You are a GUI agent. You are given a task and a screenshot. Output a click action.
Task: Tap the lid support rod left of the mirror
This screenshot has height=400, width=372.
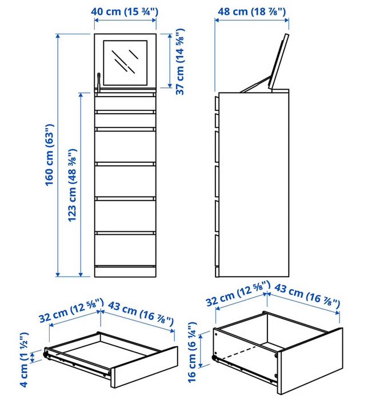click(x=98, y=82)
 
